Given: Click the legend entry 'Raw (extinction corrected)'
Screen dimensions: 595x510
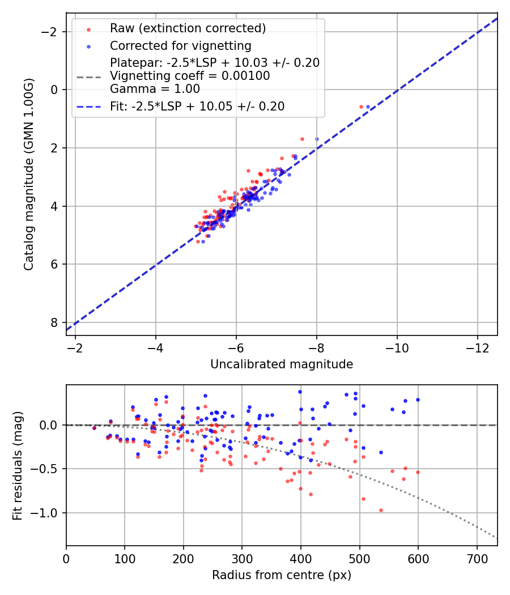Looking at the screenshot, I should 188,28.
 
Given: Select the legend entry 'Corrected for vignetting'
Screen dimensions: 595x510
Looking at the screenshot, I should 180,45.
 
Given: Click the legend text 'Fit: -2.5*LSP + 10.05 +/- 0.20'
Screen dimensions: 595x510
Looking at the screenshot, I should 197,106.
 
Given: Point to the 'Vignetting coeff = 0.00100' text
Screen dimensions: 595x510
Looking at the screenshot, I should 190,76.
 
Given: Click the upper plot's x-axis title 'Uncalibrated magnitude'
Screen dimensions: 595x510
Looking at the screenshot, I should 282,364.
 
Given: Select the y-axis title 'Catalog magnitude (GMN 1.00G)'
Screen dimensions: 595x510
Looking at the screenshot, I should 29,175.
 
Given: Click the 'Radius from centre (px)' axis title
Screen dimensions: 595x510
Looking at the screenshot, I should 282,575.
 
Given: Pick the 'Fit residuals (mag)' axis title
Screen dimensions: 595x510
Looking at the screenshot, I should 18,465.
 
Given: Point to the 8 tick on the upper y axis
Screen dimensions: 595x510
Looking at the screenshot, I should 55,322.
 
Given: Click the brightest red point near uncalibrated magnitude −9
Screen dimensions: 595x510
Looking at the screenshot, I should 361,107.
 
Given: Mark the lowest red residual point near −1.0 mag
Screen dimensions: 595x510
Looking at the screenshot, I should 381,510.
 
